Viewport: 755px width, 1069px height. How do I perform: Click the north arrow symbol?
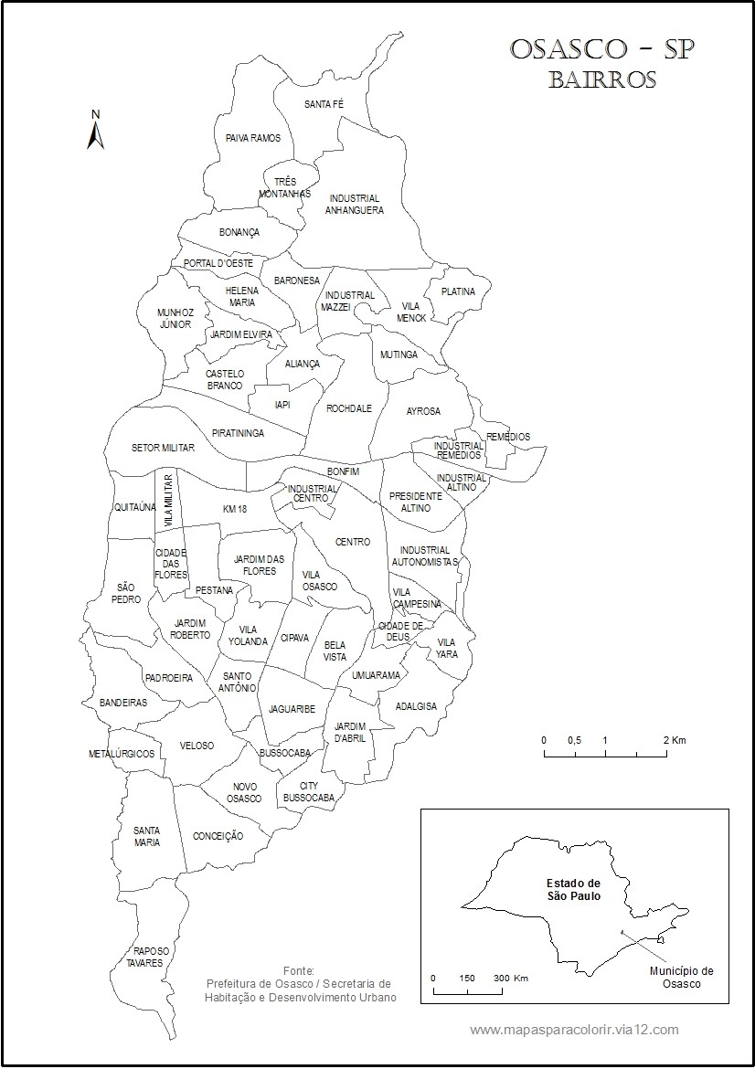pos(95,132)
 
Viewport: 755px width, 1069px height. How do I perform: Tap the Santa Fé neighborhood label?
pos(324,104)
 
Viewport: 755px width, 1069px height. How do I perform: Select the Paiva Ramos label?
pos(252,138)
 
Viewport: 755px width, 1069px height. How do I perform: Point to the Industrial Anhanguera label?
pos(355,204)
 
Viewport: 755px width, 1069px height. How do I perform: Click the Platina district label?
pos(458,291)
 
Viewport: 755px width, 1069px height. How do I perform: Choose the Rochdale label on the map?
pos(349,408)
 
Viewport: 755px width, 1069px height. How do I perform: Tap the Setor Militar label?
pos(164,448)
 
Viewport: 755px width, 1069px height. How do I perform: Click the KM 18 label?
pos(235,508)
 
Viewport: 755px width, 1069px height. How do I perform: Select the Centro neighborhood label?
pos(353,542)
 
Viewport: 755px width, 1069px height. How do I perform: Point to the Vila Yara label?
pos(447,648)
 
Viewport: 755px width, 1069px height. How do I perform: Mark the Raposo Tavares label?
pos(145,957)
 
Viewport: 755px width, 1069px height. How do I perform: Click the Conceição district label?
pos(218,835)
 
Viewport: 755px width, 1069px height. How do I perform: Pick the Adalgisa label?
pos(416,706)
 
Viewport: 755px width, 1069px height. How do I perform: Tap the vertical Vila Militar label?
pos(169,500)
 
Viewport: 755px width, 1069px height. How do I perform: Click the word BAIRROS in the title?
pos(602,79)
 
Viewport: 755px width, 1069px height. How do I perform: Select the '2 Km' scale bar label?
pos(675,739)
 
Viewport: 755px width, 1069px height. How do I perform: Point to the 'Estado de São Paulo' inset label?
pos(573,889)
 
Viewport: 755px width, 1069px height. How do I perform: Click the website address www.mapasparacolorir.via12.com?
pos(574,1030)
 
